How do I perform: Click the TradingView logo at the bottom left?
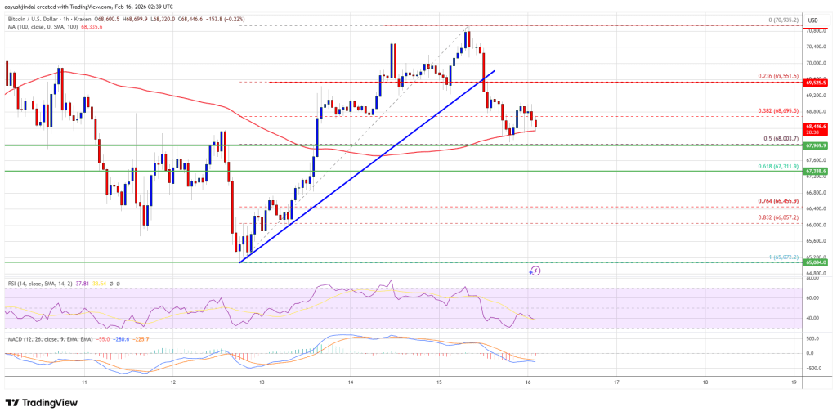tap(42, 403)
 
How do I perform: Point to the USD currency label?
tap(813, 20)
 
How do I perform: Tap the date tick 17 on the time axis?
tap(616, 382)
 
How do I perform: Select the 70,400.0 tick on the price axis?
tap(817, 47)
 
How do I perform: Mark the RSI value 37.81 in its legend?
tap(82, 284)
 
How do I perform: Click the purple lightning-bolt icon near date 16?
tap(536, 270)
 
